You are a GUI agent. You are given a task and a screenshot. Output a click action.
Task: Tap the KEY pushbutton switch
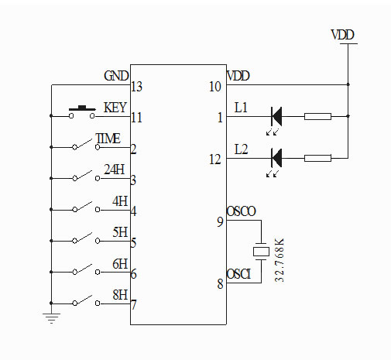81,113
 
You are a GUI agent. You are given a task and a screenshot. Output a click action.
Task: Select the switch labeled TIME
81,146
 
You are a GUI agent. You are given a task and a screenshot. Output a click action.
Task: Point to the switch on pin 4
81,208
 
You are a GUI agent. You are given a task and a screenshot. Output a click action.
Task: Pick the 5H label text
119,232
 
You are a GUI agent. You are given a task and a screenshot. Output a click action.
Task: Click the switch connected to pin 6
81,270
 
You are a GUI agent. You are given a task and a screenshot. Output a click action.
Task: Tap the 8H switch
81,301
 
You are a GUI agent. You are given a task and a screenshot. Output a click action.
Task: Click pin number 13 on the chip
137,86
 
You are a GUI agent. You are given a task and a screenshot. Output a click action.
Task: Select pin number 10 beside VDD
216,86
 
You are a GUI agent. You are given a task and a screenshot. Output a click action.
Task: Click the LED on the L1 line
276,117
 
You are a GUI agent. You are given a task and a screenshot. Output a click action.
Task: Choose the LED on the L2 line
276,158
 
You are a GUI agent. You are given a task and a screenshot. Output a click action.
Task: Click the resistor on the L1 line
317,117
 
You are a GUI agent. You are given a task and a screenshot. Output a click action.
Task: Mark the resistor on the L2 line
317,158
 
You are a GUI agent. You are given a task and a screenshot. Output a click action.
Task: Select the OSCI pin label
238,275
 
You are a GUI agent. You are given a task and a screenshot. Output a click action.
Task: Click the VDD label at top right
343,35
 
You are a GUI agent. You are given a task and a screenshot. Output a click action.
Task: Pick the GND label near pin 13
116,76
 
